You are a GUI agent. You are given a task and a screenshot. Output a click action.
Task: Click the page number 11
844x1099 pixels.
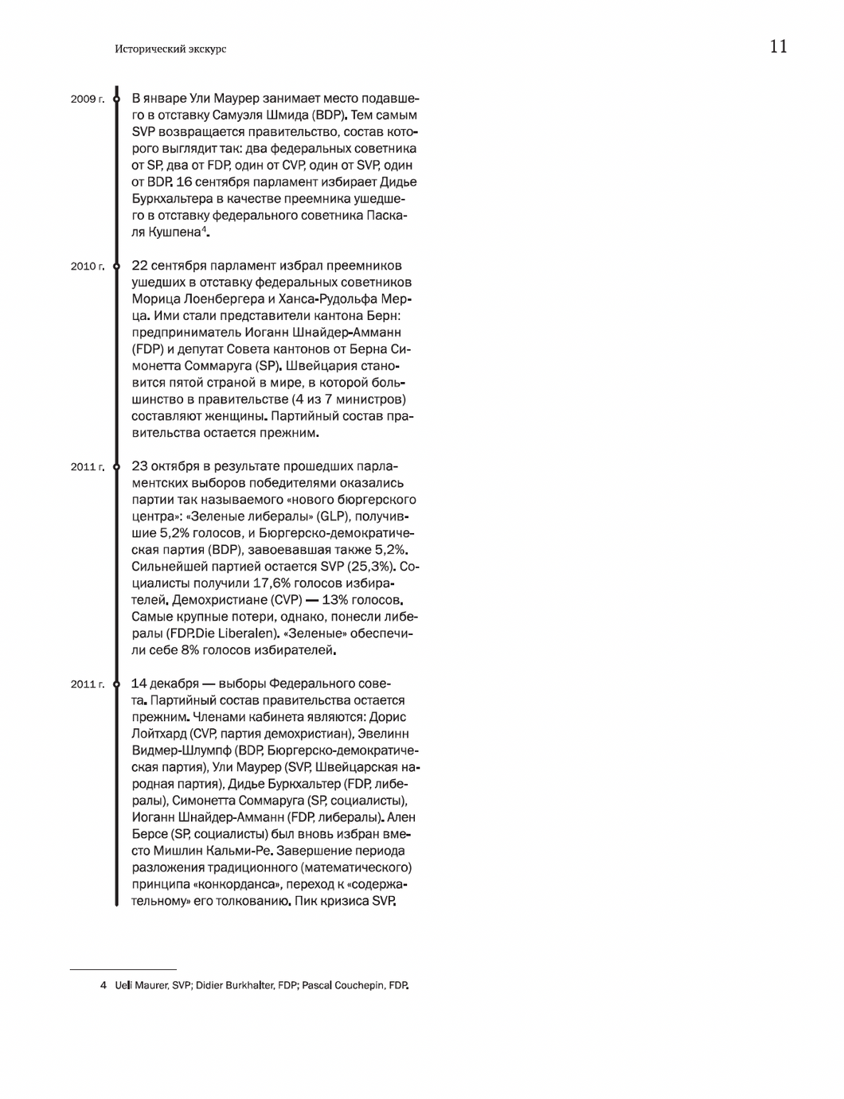click(x=778, y=47)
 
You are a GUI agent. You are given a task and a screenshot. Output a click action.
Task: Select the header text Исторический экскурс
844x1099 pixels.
click(x=170, y=49)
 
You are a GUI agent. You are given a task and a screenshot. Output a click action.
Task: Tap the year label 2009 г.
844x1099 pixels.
click(x=87, y=99)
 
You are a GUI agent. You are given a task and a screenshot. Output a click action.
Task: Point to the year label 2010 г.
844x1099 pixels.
click(x=87, y=267)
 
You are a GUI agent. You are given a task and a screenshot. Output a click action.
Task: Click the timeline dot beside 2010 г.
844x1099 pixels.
click(x=116, y=266)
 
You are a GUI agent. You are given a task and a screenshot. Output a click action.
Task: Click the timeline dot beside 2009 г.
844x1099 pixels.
click(x=116, y=99)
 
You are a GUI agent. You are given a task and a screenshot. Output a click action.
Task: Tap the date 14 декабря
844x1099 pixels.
click(x=165, y=684)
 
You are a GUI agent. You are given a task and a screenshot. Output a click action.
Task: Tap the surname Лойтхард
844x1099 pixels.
click(x=159, y=734)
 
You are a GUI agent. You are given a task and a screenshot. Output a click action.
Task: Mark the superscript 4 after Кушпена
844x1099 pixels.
click(x=203, y=229)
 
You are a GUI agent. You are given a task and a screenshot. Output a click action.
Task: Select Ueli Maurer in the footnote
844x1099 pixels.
click(x=141, y=985)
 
